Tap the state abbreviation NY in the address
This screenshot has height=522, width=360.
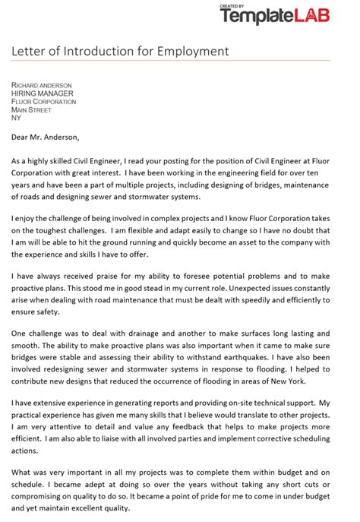[x=16, y=118]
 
